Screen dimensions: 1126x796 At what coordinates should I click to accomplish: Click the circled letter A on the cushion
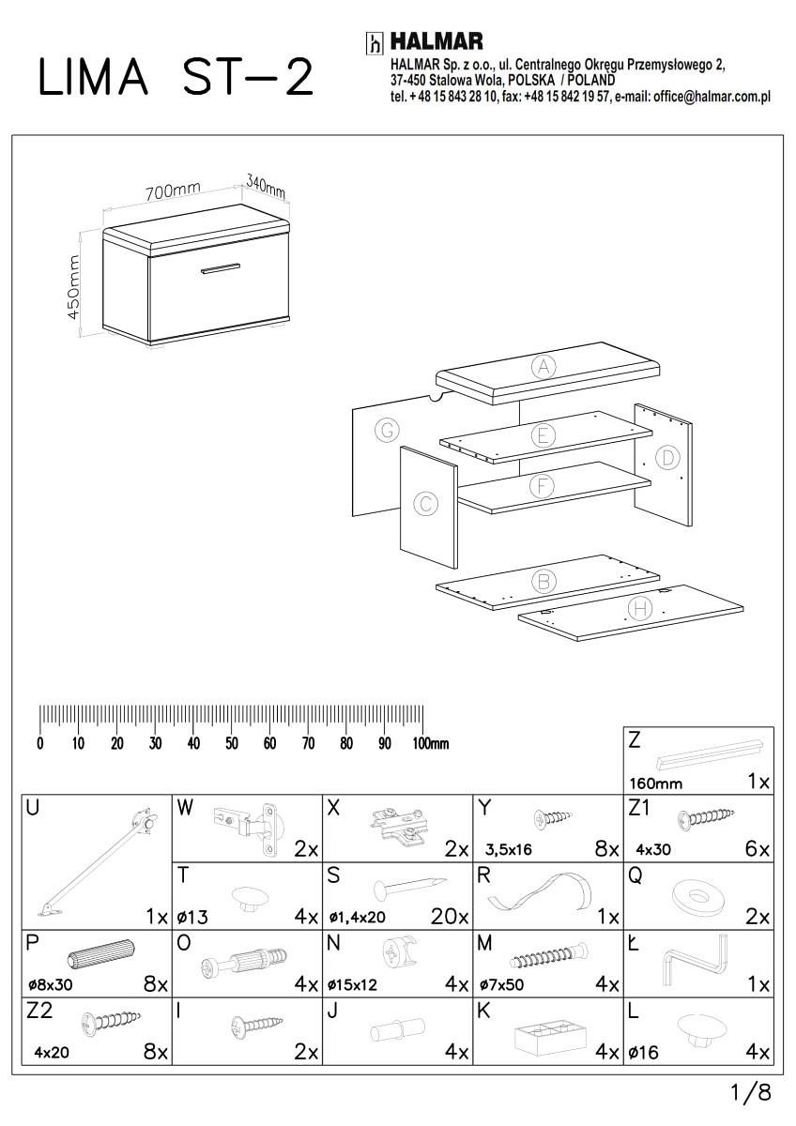[543, 367]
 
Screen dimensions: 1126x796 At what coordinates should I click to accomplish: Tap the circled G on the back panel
[385, 431]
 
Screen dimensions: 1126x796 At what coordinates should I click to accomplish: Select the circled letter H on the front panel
[640, 609]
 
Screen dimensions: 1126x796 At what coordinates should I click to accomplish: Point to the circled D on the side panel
[666, 458]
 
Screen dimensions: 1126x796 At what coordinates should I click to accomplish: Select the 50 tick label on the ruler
[231, 744]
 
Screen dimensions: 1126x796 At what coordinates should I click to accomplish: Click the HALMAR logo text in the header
[436, 42]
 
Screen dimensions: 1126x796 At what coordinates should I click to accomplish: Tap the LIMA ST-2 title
[175, 78]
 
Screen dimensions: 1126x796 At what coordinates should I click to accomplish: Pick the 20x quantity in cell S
[450, 917]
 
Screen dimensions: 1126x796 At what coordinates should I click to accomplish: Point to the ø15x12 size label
[352, 986]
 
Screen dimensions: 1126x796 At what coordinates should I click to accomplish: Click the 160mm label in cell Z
[655, 784]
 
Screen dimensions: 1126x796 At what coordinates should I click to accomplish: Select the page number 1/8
[751, 1092]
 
